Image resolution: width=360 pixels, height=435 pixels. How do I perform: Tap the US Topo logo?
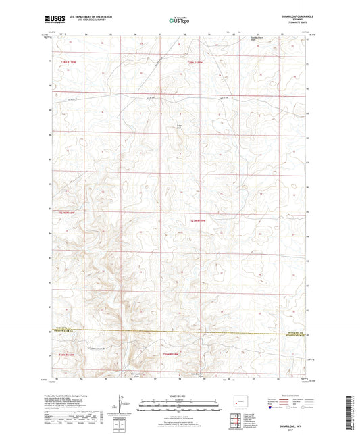click(x=179, y=20)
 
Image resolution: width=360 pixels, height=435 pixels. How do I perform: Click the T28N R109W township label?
click(x=195, y=63)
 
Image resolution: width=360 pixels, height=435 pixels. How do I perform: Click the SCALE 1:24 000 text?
click(x=180, y=396)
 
